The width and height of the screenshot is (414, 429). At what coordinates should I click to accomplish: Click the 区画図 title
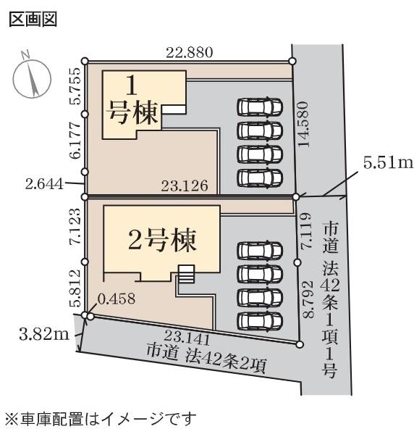[33, 20]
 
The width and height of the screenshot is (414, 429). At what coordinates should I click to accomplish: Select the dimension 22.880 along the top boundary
[190, 52]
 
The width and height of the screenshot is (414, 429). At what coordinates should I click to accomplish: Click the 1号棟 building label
[132, 101]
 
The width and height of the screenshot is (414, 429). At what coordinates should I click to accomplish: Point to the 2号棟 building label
[162, 240]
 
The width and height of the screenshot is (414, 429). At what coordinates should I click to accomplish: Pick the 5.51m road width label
[388, 163]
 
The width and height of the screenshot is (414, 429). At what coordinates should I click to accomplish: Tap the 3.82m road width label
[44, 334]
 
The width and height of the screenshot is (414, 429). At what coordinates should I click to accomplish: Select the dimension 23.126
[185, 186]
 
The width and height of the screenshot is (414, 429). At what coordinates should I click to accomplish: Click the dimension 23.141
[187, 337]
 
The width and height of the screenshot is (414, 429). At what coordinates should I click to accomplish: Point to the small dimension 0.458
[117, 299]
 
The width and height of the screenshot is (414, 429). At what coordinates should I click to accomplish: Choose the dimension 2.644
[45, 184]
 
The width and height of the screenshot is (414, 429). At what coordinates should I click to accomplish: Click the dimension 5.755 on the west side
[76, 86]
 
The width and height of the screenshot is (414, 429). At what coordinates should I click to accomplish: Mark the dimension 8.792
[308, 299]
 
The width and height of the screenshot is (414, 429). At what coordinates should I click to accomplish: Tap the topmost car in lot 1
[260, 107]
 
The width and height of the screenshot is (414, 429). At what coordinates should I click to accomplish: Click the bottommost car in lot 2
[260, 322]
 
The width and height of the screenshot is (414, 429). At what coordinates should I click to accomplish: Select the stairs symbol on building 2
[186, 274]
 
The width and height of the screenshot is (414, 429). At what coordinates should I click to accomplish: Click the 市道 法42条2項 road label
[206, 359]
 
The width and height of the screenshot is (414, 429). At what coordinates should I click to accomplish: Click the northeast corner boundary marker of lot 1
[292, 61]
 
